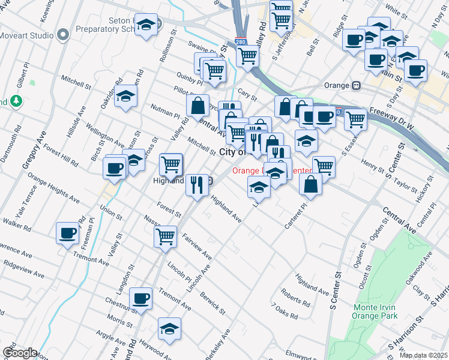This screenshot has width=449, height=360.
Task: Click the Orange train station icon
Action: tap(356, 85)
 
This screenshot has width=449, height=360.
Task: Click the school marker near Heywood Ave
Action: tap(169, 329)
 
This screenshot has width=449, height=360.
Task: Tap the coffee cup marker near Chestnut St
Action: tap(141, 298)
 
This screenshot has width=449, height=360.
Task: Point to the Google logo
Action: tap(19, 353)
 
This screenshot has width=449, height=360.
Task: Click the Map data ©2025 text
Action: tap(423, 355)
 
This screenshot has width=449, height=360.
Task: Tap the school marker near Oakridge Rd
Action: tap(126, 96)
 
